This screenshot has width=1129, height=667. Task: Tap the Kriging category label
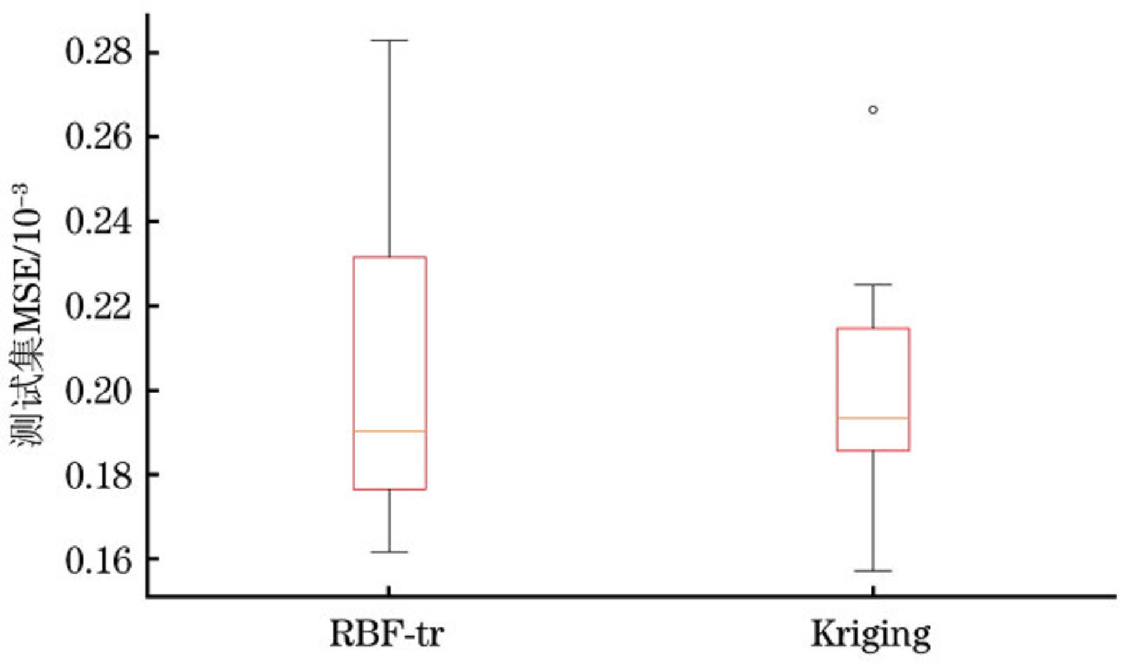pyautogui.click(x=871, y=635)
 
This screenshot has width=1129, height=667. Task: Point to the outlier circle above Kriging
pyautogui.click(x=873, y=109)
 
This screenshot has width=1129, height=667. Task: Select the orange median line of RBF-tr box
pyautogui.click(x=390, y=431)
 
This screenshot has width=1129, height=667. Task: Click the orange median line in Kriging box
pyautogui.click(x=873, y=418)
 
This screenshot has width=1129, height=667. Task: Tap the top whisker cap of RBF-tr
pyautogui.click(x=390, y=40)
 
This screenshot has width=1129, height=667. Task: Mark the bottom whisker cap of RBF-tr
pyautogui.click(x=390, y=552)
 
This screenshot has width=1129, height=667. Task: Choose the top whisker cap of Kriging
pyautogui.click(x=873, y=285)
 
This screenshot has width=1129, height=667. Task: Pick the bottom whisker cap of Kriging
pyautogui.click(x=873, y=571)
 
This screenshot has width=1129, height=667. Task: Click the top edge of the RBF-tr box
pyautogui.click(x=390, y=257)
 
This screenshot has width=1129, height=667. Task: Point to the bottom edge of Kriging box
pyautogui.click(x=873, y=450)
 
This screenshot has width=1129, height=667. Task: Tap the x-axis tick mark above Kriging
pyautogui.click(x=873, y=590)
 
